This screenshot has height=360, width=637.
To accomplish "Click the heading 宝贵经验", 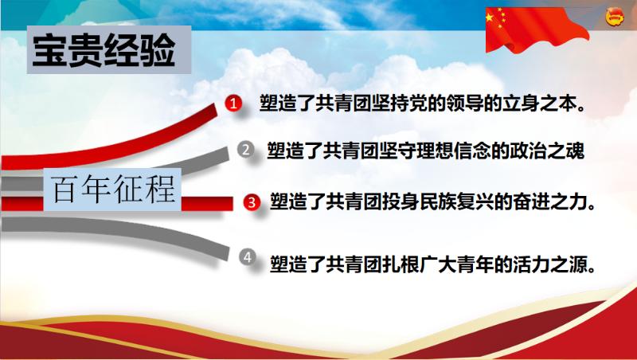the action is pyautogui.click(x=104, y=51).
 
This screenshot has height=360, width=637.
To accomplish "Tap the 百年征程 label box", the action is pyautogui.click(x=112, y=190).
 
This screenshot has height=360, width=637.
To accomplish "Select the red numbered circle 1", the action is pyautogui.click(x=233, y=104).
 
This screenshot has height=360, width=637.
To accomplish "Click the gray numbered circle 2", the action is pyautogui.click(x=245, y=150).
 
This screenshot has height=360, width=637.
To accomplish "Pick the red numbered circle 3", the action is pyautogui.click(x=252, y=202).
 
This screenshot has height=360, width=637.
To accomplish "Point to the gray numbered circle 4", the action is pyautogui.click(x=248, y=256).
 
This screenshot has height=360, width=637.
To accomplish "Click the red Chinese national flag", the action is pyautogui.click(x=537, y=29).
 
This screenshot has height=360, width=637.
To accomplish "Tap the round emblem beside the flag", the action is pyautogui.click(x=614, y=18).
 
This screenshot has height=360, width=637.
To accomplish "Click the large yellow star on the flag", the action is pyautogui.click(x=490, y=18).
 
